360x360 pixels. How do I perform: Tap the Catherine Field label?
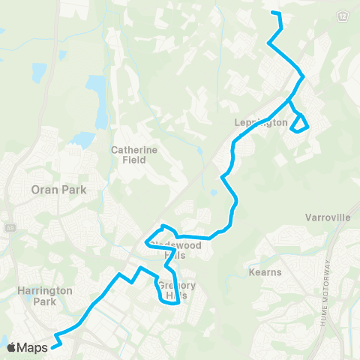[134, 154]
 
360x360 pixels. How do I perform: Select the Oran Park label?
[58, 190]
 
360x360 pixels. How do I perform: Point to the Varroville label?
[328, 217]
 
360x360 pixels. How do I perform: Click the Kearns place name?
[266, 271]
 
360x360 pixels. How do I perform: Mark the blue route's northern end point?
[271, 13]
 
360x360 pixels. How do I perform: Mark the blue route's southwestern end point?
[54, 347]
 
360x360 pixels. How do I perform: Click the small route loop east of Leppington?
[300, 124]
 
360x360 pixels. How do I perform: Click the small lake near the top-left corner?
[38, 72]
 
